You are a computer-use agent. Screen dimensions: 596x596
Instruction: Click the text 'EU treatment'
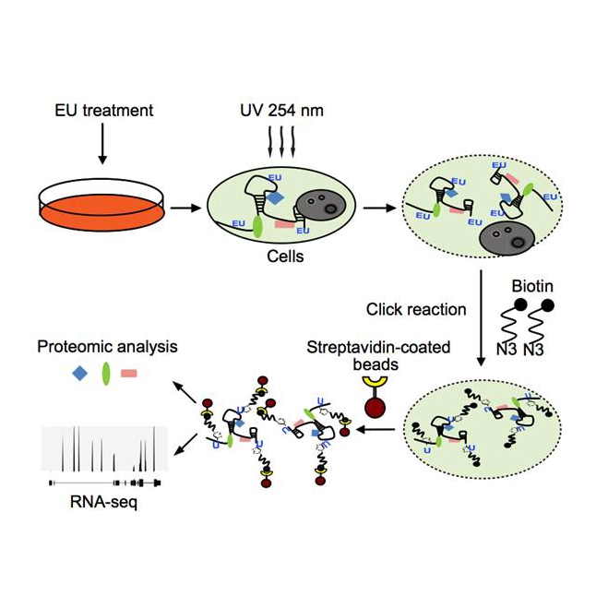point(102,112)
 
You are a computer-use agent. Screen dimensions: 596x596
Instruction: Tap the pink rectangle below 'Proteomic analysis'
point(131,374)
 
